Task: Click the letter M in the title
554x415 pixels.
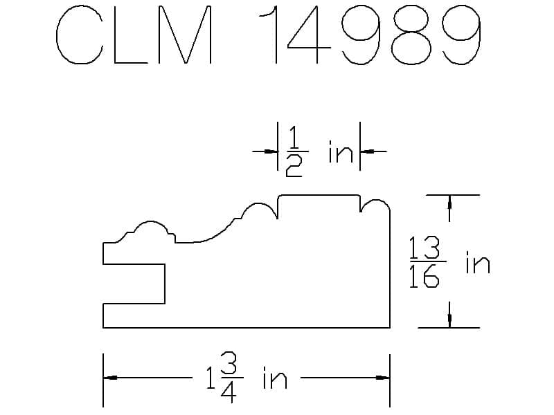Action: point(185,35)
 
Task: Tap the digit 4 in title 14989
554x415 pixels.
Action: point(309,35)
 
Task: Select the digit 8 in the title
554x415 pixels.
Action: point(411,35)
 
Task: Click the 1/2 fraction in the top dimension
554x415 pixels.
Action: point(294,151)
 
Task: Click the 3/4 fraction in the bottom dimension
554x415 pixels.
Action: point(229,378)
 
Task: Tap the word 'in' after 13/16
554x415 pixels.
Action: point(478,262)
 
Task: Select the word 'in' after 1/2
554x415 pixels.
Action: point(341,151)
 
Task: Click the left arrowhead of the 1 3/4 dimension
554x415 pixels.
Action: point(110,378)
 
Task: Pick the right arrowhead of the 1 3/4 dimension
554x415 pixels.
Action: point(383,378)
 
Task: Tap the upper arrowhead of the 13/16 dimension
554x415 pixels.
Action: point(449,202)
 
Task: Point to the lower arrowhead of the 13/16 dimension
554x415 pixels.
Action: point(449,320)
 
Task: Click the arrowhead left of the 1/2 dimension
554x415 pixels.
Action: point(271,151)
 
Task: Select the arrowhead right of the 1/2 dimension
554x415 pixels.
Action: point(368,151)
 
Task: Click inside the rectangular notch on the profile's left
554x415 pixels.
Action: point(134,284)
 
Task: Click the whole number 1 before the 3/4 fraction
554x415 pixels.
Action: point(211,378)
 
